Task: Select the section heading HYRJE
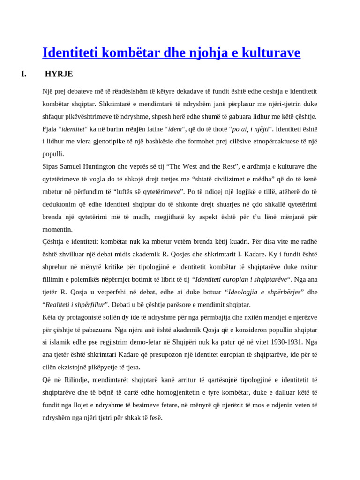pos(59,74)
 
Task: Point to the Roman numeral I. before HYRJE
pos(24,74)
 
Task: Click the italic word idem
pos(175,129)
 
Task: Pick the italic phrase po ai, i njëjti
pos(250,129)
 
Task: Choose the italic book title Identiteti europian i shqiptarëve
pos(241,279)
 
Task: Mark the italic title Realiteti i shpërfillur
pos(75,305)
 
